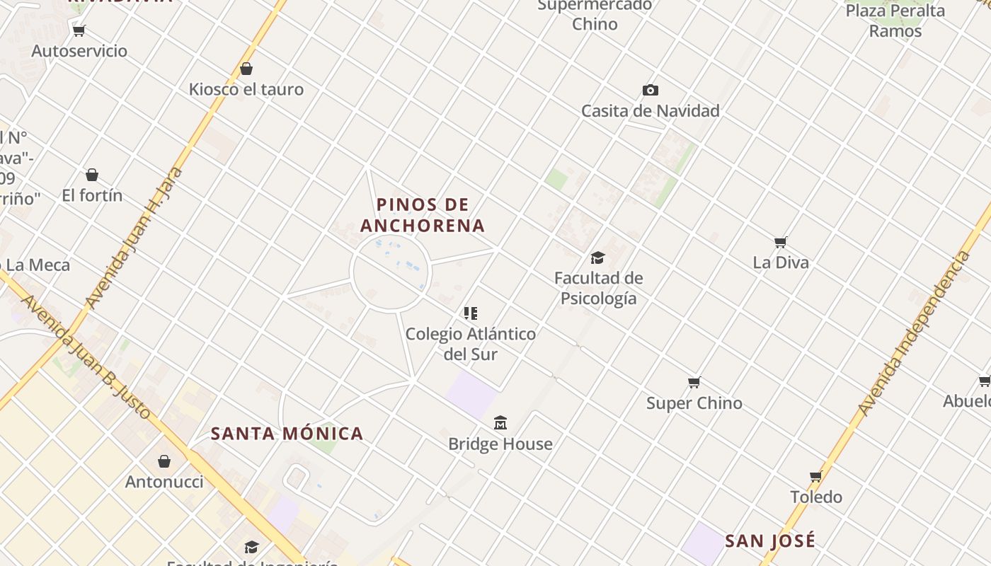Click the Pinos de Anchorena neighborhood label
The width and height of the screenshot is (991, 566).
(x=423, y=215)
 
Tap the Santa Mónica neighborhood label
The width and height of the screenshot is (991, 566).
(x=287, y=434)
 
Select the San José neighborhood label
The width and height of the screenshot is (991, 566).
(x=770, y=541)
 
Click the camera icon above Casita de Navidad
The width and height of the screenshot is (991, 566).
(x=650, y=90)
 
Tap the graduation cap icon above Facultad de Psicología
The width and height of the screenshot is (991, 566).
(x=597, y=258)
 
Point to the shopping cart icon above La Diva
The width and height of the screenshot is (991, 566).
(x=781, y=242)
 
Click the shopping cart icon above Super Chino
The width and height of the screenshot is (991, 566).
(x=694, y=383)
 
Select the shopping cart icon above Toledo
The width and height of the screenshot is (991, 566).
(x=816, y=476)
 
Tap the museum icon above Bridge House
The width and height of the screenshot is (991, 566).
(x=500, y=423)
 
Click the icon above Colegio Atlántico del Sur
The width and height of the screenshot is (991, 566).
(x=471, y=313)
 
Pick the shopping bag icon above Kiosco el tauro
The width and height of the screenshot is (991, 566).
(x=246, y=69)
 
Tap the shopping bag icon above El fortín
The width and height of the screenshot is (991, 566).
(x=92, y=175)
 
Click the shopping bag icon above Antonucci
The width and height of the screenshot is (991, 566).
(x=164, y=461)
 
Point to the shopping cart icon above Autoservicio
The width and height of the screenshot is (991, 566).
(x=79, y=30)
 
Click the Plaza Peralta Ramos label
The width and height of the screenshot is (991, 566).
(x=895, y=21)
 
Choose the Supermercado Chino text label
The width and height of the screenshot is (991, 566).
(x=595, y=15)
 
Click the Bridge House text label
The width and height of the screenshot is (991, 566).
(x=500, y=444)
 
